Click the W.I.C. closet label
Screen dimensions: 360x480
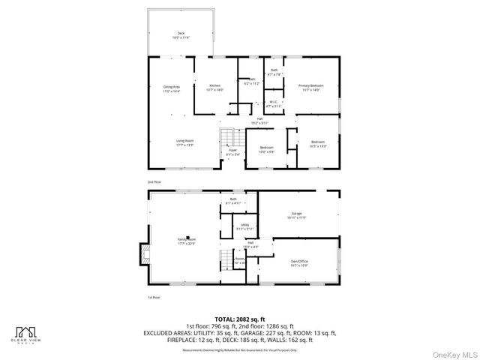tap(273, 104)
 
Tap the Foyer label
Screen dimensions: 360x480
tap(234, 152)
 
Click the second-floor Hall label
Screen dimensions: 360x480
tap(259, 120)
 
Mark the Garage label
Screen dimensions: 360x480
tap(297, 216)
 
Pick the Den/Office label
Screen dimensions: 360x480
tap(299, 263)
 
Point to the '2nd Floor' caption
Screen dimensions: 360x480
tap(154, 182)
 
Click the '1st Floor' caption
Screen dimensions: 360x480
tap(154, 298)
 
